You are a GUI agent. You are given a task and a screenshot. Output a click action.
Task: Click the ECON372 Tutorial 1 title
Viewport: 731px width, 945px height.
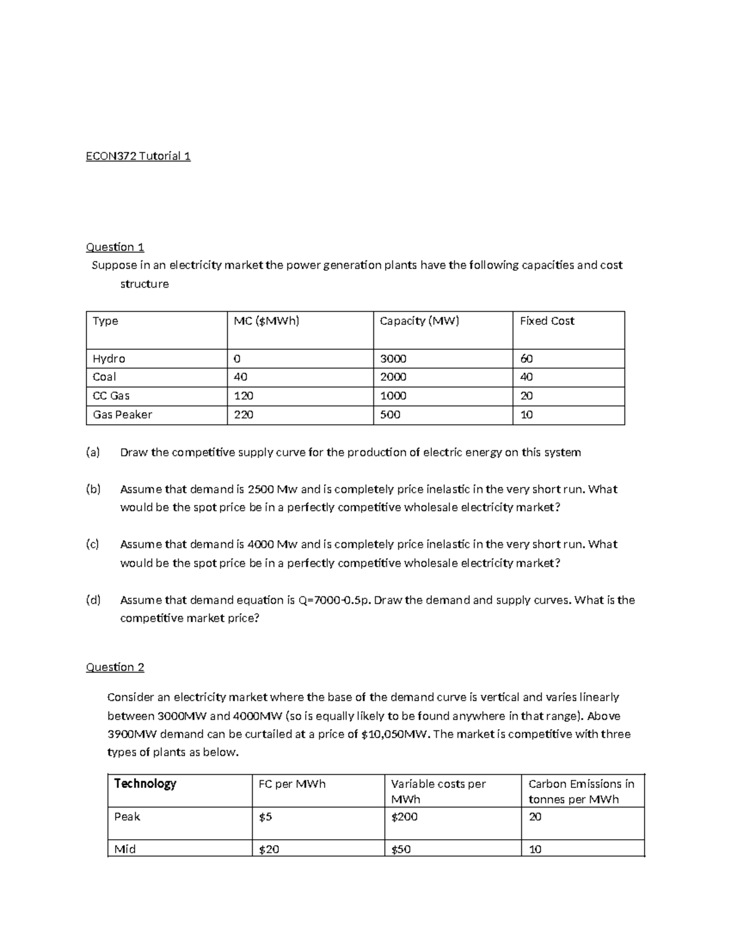138,156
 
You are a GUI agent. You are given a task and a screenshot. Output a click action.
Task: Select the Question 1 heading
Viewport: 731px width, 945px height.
115,247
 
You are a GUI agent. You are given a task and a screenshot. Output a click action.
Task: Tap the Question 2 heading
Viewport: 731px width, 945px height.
115,667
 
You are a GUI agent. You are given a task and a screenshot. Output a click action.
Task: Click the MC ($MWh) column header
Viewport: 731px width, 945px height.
266,321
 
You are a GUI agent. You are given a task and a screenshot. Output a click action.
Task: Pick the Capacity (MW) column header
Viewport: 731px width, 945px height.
419,321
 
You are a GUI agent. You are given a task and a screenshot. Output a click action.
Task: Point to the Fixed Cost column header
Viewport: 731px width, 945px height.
546,321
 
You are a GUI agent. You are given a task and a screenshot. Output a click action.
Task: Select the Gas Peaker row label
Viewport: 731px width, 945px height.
122,414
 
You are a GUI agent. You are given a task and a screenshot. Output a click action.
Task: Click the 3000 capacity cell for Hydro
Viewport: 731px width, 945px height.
393,358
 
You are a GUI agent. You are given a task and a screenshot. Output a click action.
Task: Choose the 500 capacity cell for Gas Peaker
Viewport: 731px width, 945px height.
390,414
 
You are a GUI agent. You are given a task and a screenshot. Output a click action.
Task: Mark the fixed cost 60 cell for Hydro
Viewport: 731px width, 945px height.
526,358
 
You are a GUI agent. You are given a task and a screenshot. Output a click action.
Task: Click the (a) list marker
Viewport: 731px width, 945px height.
93,452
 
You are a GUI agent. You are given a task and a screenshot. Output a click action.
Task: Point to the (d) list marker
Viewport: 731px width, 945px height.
93,600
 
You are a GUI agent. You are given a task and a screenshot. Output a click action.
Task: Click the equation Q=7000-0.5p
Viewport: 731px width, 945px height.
334,600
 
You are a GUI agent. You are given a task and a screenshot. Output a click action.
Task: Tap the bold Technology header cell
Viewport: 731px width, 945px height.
145,784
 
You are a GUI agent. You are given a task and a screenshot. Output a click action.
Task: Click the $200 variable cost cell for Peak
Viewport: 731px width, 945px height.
404,817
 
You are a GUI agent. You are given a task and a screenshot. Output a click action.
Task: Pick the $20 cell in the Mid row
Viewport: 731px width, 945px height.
269,849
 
